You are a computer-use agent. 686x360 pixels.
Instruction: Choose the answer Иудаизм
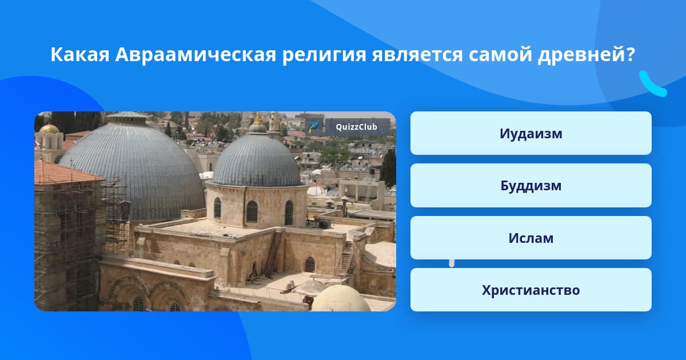click(531, 133)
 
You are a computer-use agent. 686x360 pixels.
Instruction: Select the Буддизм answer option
click(531, 186)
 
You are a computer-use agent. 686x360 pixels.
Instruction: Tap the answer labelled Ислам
click(531, 238)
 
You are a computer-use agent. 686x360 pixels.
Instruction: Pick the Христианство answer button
click(531, 290)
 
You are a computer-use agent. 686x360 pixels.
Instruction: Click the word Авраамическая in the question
click(196, 54)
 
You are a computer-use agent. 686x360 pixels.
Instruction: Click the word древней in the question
click(587, 55)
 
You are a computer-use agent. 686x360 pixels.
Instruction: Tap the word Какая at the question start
click(80, 54)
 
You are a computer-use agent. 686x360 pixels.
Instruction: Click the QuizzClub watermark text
click(357, 127)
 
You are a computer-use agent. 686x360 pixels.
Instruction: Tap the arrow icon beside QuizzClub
click(314, 127)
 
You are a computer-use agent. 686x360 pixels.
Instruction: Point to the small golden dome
click(49, 129)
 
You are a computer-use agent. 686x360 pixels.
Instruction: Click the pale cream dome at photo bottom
click(341, 299)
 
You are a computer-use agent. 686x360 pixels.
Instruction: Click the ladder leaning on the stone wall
click(273, 255)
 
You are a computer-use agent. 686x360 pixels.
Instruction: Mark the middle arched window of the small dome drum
click(252, 211)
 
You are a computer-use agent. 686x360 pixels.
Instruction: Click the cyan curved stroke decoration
click(652, 84)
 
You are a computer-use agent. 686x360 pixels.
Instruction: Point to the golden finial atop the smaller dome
click(258, 119)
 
